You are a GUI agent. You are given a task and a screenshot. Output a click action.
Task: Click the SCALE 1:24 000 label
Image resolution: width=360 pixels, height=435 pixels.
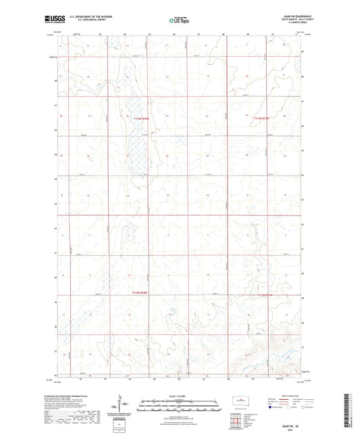[180, 396]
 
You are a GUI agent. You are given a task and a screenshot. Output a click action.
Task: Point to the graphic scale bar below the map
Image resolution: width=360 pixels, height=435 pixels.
[180, 401]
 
